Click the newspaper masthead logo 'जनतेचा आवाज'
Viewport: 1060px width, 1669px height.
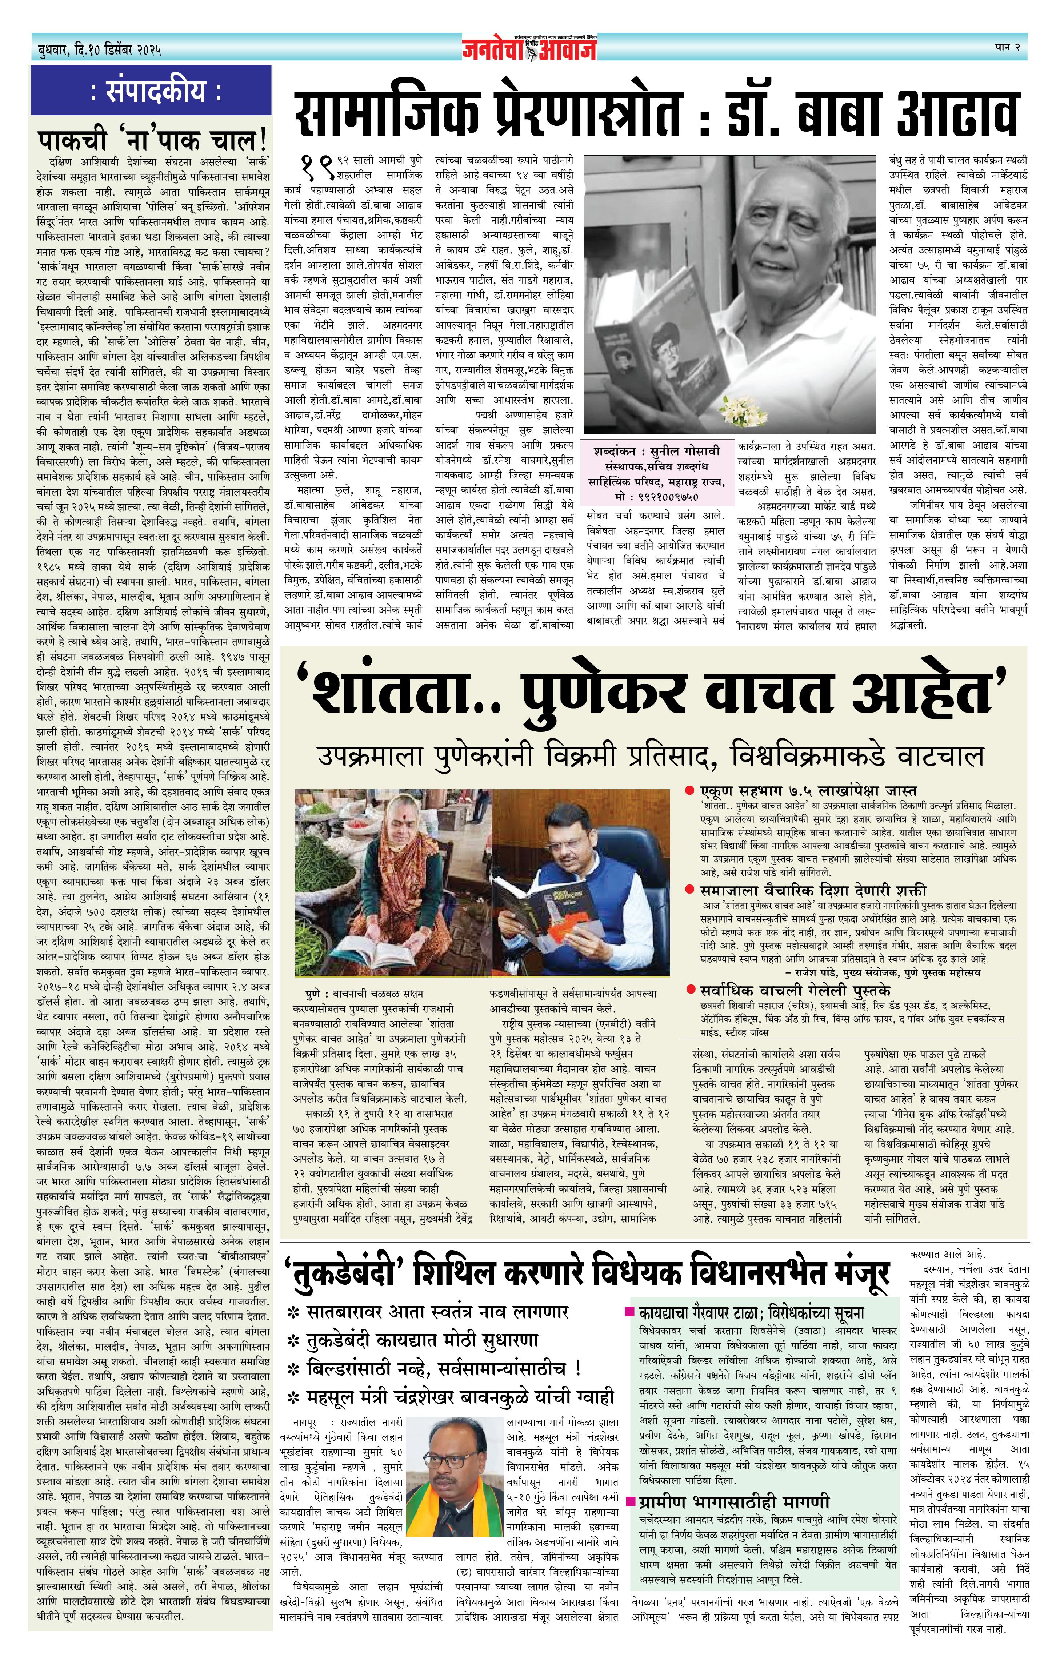(530, 48)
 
